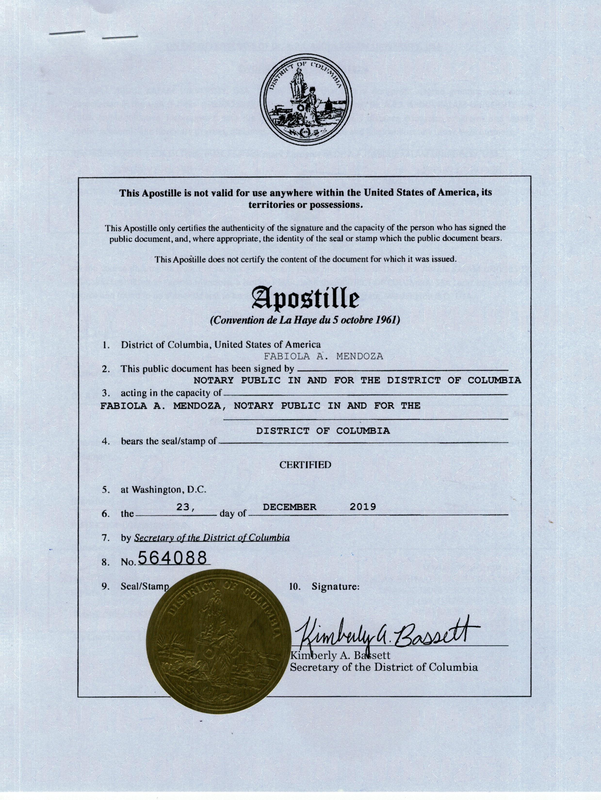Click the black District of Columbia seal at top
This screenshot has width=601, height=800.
[x=306, y=102]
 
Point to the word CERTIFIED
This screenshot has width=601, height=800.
[x=305, y=465]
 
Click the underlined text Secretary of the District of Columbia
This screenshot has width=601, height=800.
[x=212, y=537]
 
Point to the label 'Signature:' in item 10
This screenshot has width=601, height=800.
[x=335, y=587]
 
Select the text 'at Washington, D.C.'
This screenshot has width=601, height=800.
[x=163, y=490]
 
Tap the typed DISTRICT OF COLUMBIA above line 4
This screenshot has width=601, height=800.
[x=323, y=431]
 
